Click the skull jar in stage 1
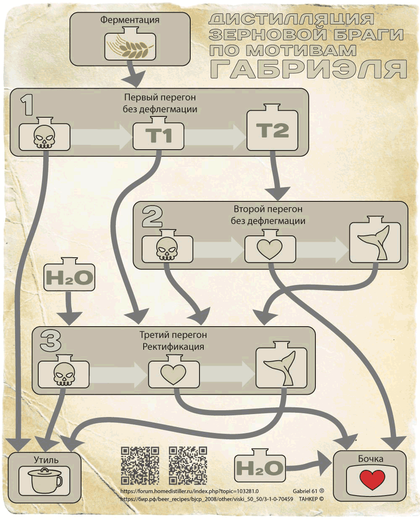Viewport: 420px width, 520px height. point(44,136)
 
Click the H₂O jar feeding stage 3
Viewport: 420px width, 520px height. point(69,277)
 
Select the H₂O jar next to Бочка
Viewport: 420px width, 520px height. point(259,467)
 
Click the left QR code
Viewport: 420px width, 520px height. point(140,465)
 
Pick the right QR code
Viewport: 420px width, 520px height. point(188,465)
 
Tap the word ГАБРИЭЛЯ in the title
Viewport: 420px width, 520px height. point(308,69)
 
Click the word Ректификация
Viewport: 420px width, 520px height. point(173,347)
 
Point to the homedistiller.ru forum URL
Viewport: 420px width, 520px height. point(189,491)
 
